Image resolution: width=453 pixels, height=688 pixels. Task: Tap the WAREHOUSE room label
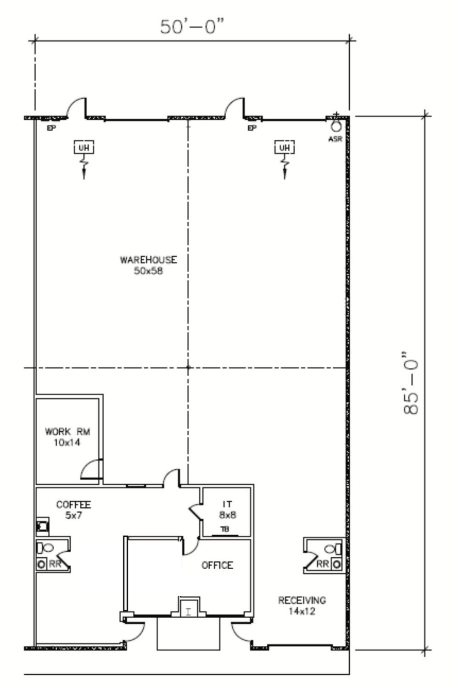tap(148, 260)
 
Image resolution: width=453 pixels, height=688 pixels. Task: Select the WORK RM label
tap(67, 432)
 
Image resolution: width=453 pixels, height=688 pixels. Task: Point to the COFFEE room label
tap(73, 505)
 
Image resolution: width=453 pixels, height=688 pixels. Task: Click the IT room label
tap(228, 505)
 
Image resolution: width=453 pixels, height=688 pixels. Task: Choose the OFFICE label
tap(217, 565)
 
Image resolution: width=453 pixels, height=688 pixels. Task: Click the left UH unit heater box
tap(84, 148)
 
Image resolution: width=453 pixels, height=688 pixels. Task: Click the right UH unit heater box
tap(285, 148)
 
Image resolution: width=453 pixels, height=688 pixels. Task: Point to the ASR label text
tap(336, 139)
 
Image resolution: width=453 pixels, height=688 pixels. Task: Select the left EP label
tap(51, 128)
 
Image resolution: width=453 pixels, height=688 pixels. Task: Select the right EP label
tap(252, 128)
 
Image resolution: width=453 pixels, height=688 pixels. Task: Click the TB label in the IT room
tap(225, 529)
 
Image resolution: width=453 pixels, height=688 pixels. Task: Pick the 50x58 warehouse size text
tap(148, 271)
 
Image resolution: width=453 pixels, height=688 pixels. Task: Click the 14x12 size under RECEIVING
tap(302, 611)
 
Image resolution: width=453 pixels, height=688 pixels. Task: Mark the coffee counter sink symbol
tap(42, 527)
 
